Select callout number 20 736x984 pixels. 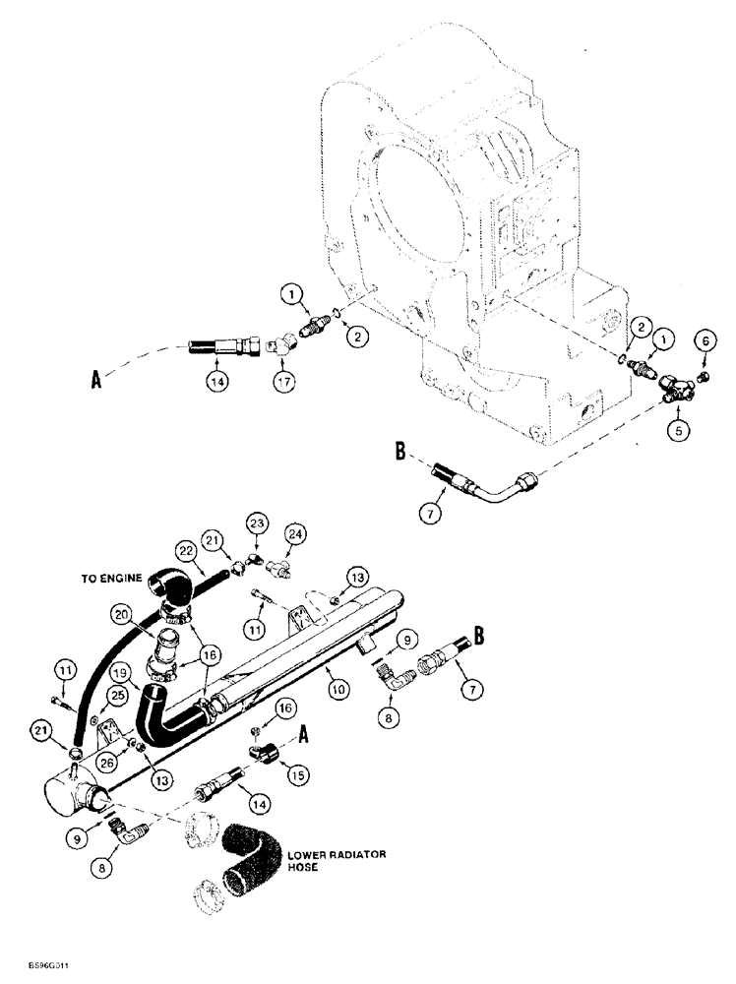tap(123, 614)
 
